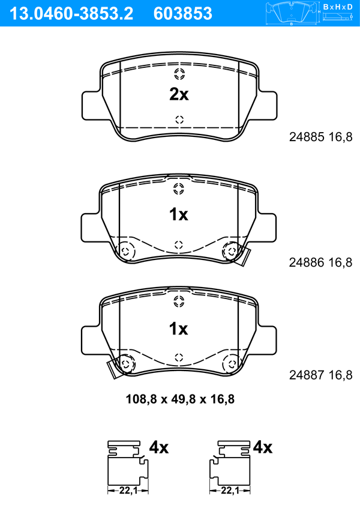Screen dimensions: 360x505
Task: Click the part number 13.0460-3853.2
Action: click(x=71, y=13)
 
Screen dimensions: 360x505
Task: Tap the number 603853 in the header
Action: click(x=183, y=13)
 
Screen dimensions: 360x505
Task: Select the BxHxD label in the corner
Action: click(x=338, y=7)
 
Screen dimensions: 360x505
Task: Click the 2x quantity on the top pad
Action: click(x=179, y=94)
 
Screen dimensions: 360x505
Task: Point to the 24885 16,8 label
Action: click(x=321, y=137)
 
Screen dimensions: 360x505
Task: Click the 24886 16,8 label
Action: click(x=321, y=262)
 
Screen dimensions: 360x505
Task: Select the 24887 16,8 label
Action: click(x=321, y=375)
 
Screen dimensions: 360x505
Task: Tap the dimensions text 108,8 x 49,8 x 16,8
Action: click(x=180, y=399)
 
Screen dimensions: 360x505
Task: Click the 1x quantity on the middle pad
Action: click(x=179, y=214)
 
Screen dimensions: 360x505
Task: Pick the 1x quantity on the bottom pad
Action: click(x=179, y=329)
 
